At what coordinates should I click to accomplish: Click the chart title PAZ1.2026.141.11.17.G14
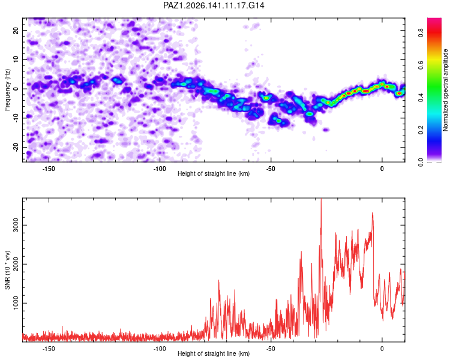pyautogui.click(x=214, y=5)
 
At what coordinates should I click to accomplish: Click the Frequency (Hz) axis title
pyautogui.click(x=7, y=90)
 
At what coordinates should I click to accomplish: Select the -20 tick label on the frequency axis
pyautogui.click(x=16, y=148)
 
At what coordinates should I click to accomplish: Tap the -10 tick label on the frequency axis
pyautogui.click(x=16, y=118)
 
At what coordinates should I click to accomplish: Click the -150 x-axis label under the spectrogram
pyautogui.click(x=49, y=169)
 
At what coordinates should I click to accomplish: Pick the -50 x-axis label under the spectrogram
pyautogui.click(x=271, y=169)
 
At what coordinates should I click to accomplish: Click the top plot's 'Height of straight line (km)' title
pyautogui.click(x=214, y=173)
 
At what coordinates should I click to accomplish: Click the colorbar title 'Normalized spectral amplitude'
pyautogui.click(x=445, y=90)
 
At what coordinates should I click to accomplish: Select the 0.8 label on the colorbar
pyautogui.click(x=421, y=34)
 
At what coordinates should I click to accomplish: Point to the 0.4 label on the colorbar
pyautogui.click(x=421, y=98)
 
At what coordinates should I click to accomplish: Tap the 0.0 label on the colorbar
pyautogui.click(x=421, y=163)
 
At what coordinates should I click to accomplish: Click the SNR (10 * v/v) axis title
pyautogui.click(x=7, y=270)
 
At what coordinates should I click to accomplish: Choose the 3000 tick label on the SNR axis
pyautogui.click(x=16, y=226)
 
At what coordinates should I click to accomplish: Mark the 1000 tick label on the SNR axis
pyautogui.click(x=16, y=303)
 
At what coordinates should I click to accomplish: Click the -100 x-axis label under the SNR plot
pyautogui.click(x=160, y=349)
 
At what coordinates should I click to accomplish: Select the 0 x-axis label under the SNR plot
pyautogui.click(x=382, y=349)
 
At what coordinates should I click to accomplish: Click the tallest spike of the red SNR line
pyautogui.click(x=321, y=199)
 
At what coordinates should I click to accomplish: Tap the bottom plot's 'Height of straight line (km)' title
pyautogui.click(x=214, y=353)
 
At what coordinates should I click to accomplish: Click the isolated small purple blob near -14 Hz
pyautogui.click(x=326, y=130)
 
